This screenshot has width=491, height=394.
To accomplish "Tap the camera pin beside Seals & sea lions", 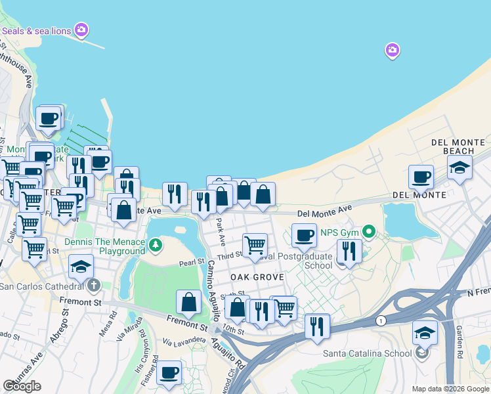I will pyautogui.click(x=81, y=29).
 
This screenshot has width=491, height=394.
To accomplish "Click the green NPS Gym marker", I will pyautogui.click(x=369, y=231).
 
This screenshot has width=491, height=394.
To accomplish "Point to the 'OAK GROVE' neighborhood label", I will pyautogui.click(x=257, y=277).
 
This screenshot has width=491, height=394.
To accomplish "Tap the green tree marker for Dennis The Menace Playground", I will pyautogui.click(x=155, y=246).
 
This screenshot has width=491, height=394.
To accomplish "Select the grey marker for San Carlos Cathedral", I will pyautogui.click(x=94, y=285).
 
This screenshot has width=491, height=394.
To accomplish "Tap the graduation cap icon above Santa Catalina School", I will pyautogui.click(x=425, y=332).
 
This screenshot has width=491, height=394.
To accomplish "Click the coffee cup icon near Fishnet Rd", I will pyautogui.click(x=169, y=372).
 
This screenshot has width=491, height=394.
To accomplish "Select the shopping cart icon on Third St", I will pyautogui.click(x=255, y=245).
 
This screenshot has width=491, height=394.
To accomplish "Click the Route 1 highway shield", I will pyautogui.click(x=381, y=320).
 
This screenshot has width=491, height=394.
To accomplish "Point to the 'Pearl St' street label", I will pyautogui.click(x=192, y=263).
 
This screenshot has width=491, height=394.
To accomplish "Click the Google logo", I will pyautogui.click(x=22, y=386).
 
